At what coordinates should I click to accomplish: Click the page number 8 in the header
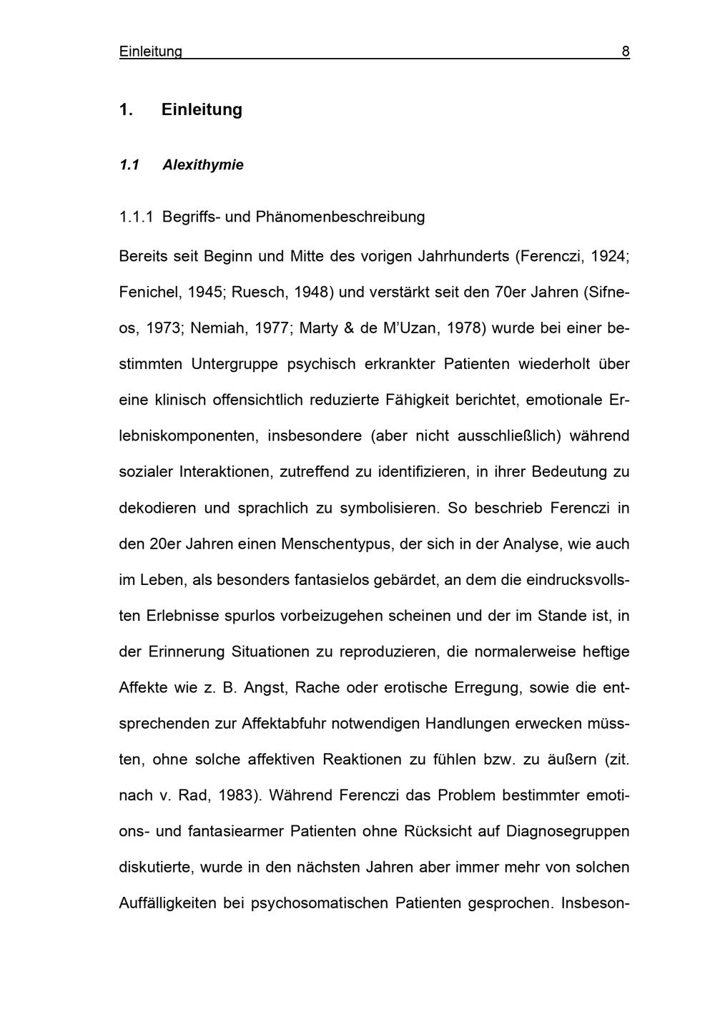(x=626, y=51)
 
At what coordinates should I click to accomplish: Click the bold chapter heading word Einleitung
(x=202, y=109)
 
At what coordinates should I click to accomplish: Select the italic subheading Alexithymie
(x=203, y=165)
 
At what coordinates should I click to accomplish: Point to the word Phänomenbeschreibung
(x=340, y=217)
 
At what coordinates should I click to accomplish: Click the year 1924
(x=610, y=256)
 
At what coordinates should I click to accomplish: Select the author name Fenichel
(x=148, y=292)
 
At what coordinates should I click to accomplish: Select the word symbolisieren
(x=388, y=508)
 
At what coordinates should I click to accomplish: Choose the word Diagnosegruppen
(x=568, y=832)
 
